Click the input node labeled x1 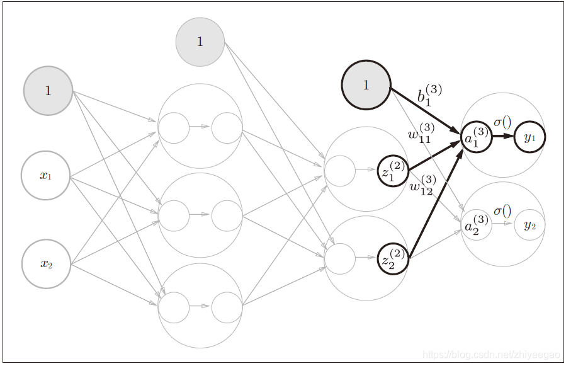pyautogui.click(x=45, y=176)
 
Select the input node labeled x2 pyautogui.click(x=46, y=264)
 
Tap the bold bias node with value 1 pyautogui.click(x=366, y=85)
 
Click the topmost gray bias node pyautogui.click(x=200, y=42)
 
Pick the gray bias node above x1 pyautogui.click(x=48, y=91)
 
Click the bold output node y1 pyautogui.click(x=529, y=137)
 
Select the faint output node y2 pyautogui.click(x=529, y=225)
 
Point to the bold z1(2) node pyautogui.click(x=393, y=171)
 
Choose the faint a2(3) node pyautogui.click(x=476, y=225)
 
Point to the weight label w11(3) pyautogui.click(x=420, y=133)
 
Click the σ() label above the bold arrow pyautogui.click(x=502, y=122)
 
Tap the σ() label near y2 pyautogui.click(x=502, y=210)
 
